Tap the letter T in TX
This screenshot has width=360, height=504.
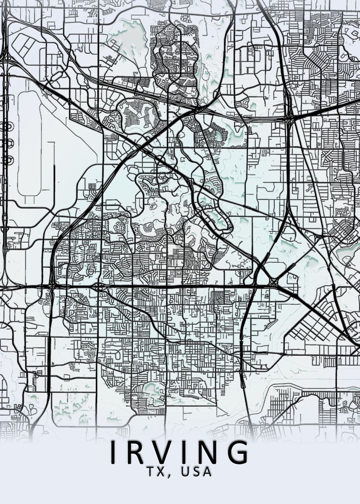[152, 471]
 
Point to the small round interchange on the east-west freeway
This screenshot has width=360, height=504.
[99, 287]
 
